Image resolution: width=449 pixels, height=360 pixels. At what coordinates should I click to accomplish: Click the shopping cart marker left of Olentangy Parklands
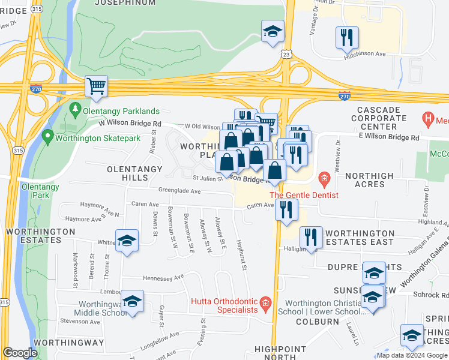96,86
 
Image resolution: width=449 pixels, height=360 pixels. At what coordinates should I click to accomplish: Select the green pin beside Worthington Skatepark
48,137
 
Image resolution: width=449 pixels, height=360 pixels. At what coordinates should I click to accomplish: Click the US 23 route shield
288,55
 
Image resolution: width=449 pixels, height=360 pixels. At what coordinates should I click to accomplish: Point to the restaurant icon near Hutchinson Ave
347,38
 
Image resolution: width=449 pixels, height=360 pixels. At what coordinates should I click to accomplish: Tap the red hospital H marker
428,119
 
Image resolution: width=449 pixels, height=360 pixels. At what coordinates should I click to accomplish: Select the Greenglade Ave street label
179,192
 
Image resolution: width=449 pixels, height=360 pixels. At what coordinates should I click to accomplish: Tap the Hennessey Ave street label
163,278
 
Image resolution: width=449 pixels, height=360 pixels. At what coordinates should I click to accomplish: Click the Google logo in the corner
20,353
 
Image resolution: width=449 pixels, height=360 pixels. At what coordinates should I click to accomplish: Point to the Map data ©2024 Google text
412,355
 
